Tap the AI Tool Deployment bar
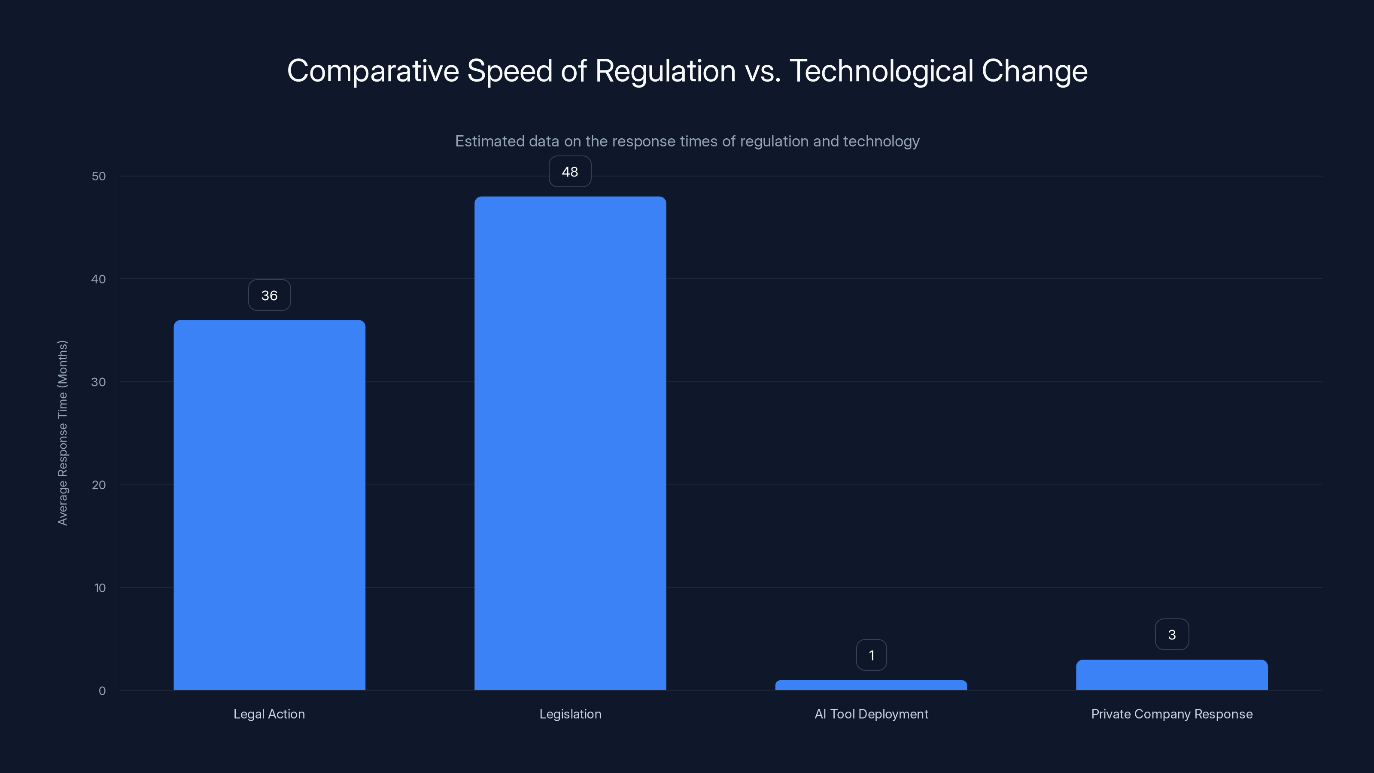click(x=871, y=685)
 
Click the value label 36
click(x=269, y=295)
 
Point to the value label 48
click(x=570, y=171)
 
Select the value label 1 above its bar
click(x=871, y=654)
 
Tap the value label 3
click(x=1172, y=634)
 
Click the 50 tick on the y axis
click(x=99, y=176)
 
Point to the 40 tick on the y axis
click(x=99, y=279)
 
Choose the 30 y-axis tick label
click(x=99, y=382)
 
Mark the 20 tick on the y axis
click(x=99, y=485)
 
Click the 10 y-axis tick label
click(x=100, y=588)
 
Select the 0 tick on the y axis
click(x=102, y=691)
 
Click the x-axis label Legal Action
click(x=269, y=714)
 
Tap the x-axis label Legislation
click(x=570, y=714)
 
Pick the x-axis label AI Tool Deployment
click(x=871, y=714)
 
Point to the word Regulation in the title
click(x=665, y=71)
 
